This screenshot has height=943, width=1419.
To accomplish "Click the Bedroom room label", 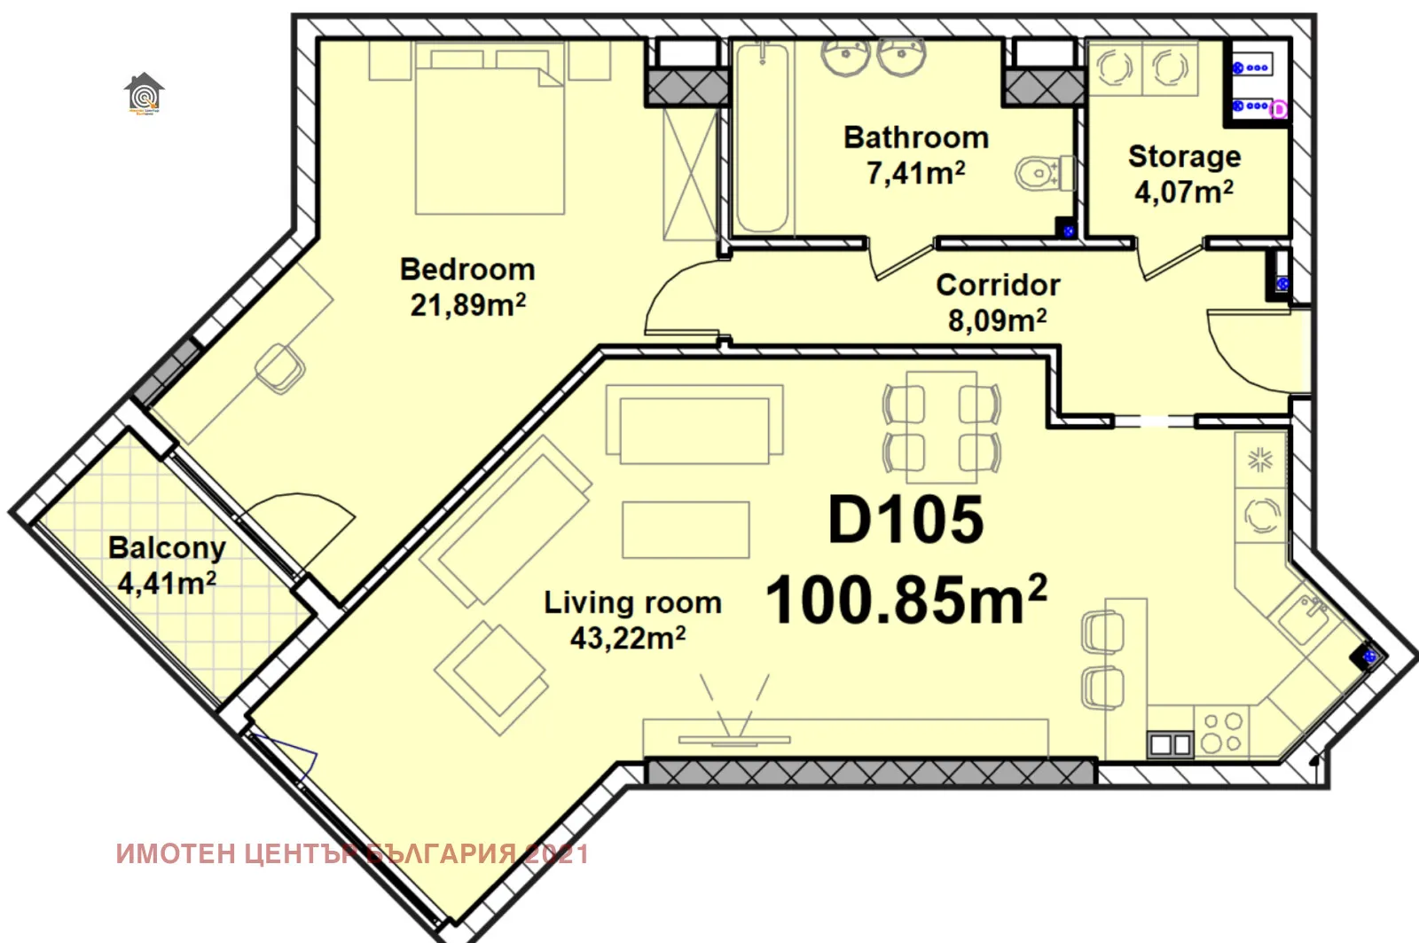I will click(467, 269).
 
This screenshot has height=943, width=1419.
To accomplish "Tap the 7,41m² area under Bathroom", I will click(915, 173).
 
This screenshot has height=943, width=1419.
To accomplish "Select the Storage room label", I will click(1184, 156).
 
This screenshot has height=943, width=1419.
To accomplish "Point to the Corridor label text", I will click(998, 285).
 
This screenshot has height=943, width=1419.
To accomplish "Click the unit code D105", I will click(905, 520).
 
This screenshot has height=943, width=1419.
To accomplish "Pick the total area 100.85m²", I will click(905, 601).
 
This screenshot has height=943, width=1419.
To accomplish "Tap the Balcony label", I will click(167, 547).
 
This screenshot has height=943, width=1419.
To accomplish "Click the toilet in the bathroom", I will click(1042, 174).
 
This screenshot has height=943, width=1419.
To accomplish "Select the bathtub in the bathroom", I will click(762, 138).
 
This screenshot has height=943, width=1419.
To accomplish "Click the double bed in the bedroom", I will click(490, 133).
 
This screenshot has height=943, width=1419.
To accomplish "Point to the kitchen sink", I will click(1302, 619).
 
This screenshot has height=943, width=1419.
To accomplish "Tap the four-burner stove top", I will click(1222, 733).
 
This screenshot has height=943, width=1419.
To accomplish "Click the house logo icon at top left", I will click(144, 93).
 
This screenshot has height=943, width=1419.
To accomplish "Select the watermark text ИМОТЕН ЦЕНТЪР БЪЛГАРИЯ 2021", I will click(352, 853).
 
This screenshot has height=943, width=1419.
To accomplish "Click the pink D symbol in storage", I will click(1278, 109).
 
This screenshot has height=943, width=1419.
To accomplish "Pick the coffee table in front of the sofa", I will click(686, 530).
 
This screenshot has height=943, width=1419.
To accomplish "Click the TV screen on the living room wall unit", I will click(733, 739).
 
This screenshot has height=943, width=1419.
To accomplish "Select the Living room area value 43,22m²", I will click(627, 638).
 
